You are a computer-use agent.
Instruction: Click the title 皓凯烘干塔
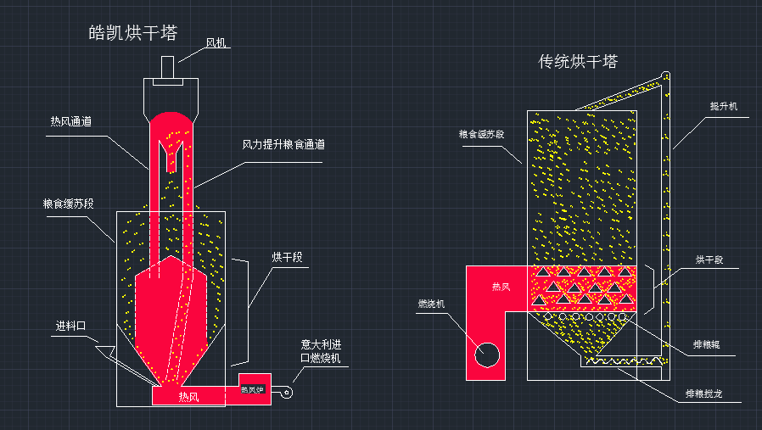click(x=133, y=33)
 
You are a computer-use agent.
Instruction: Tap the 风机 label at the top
click(x=217, y=42)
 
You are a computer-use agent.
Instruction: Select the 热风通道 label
click(x=71, y=121)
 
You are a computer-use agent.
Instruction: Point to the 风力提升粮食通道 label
click(x=283, y=144)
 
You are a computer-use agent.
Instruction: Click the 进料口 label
click(x=71, y=326)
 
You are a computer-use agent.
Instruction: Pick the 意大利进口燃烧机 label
click(x=320, y=352)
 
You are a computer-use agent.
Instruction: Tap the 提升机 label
click(x=724, y=106)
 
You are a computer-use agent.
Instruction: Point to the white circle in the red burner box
click(x=487, y=355)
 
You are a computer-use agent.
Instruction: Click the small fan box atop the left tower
click(x=168, y=67)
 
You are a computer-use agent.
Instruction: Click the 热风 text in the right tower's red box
click(x=501, y=287)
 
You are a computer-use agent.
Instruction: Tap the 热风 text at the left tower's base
click(x=188, y=396)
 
